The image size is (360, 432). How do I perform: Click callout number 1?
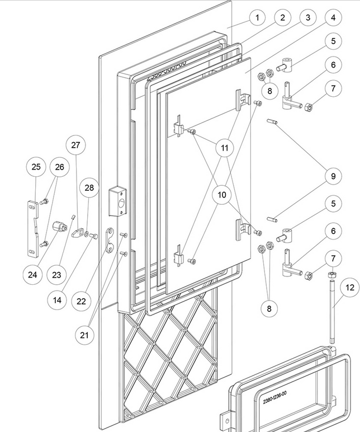[x=257, y=17]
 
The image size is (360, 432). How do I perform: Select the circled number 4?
[x=333, y=17]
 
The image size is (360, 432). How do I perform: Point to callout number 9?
[x=333, y=176]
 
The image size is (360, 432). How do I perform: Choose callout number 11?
[x=224, y=148]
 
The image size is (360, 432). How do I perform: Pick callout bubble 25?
[x=36, y=167]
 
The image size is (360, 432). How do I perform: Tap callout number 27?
[x=76, y=145]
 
